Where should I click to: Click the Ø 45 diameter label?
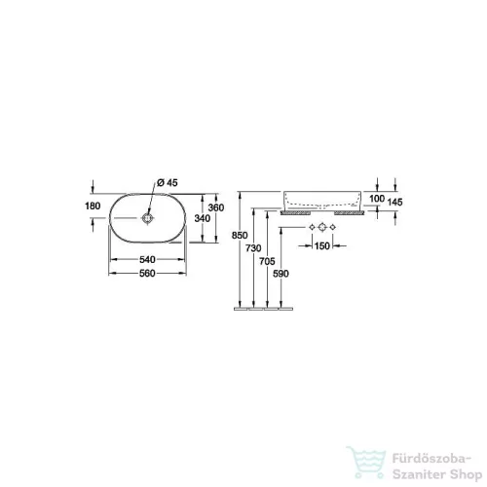coord(168,183)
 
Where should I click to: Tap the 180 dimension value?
coord(93,206)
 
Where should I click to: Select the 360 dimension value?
coord(216,207)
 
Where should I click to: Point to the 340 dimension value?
coord(203,218)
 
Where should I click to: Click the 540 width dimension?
coord(147,259)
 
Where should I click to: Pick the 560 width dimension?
coord(147,274)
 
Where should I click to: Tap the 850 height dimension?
coord(240,235)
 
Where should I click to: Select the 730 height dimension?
coord(253,248)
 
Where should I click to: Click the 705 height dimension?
coord(267,261)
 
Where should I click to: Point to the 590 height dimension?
coord(281,274)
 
